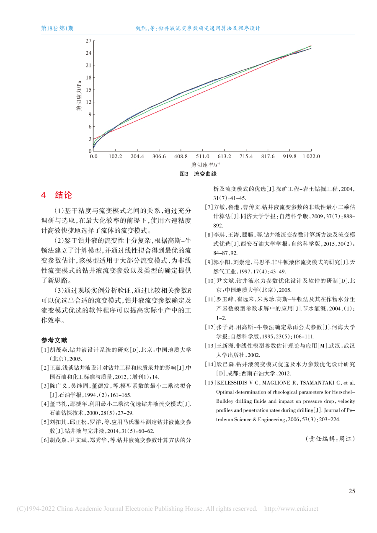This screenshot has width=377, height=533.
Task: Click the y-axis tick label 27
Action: [x=88, y=41]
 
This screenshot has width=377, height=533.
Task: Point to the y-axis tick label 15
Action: [x=88, y=90]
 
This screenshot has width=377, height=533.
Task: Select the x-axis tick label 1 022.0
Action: [x=310, y=156]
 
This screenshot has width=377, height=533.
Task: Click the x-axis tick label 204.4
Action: [x=137, y=156]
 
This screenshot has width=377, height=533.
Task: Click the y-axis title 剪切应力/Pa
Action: [x=78, y=96]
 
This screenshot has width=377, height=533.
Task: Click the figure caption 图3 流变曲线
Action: [x=198, y=174]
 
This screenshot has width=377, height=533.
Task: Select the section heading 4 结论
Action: [x=56, y=195]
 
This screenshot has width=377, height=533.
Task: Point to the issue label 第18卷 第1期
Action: [x=57, y=28]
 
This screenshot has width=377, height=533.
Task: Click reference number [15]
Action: [x=209, y=383]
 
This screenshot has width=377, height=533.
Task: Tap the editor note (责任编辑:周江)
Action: [x=331, y=439]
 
